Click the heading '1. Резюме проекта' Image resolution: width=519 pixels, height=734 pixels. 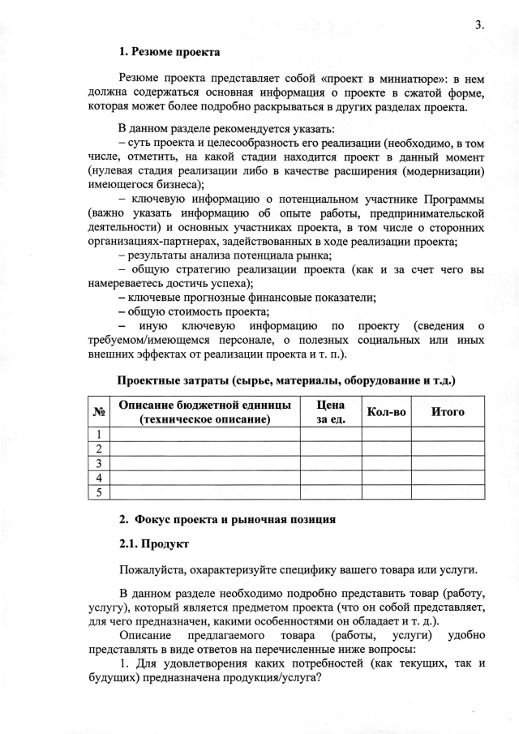tap(169, 53)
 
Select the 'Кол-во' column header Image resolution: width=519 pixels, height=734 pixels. tap(386, 412)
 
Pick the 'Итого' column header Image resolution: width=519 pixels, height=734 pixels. tap(448, 412)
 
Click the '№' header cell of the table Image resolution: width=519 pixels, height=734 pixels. tap(101, 412)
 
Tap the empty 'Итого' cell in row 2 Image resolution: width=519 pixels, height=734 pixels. tap(448, 449)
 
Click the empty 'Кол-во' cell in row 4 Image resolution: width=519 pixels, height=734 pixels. tap(386, 478)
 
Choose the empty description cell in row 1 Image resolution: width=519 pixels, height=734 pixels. tap(204, 436)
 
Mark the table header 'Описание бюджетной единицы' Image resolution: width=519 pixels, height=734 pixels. tap(204, 405)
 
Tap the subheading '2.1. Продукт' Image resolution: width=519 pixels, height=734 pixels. tap(155, 543)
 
